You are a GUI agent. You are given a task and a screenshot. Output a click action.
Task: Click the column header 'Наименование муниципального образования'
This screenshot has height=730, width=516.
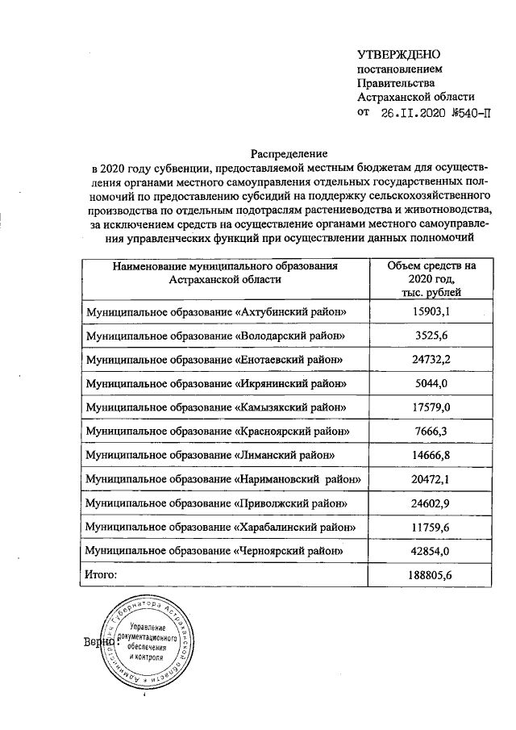point(225,272)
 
